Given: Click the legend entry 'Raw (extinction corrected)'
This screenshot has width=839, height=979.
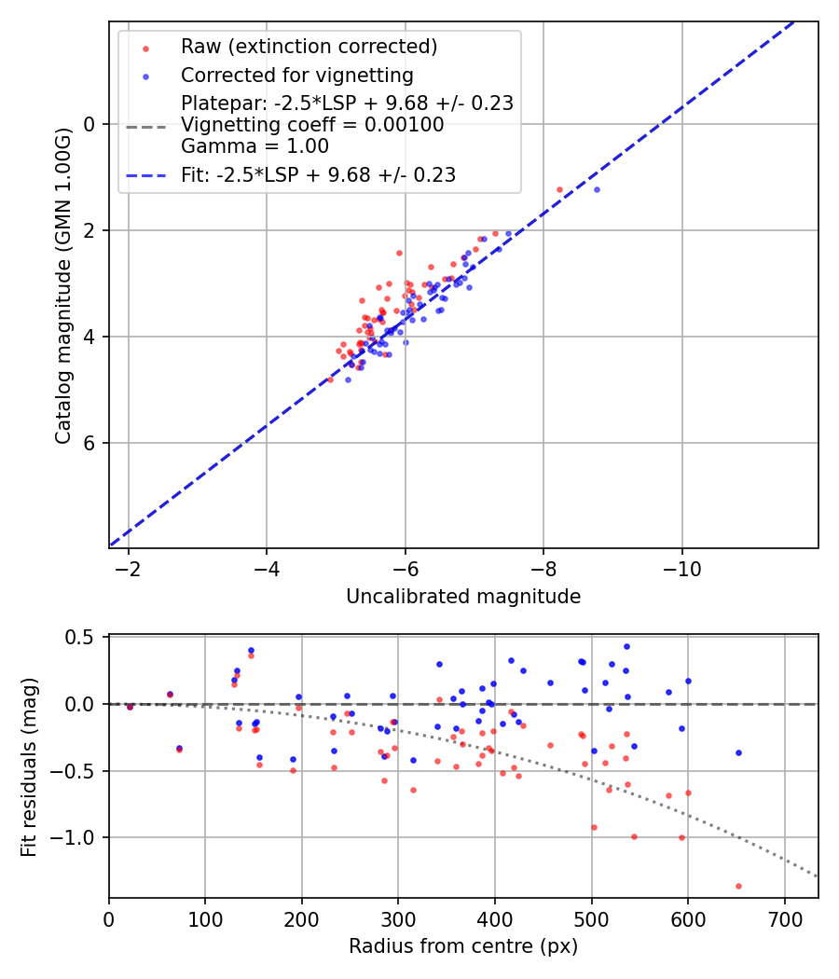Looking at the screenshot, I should pos(309,47).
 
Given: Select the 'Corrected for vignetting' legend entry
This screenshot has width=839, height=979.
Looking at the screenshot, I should pos(297,75).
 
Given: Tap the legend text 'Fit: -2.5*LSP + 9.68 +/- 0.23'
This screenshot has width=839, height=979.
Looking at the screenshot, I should pos(318,174).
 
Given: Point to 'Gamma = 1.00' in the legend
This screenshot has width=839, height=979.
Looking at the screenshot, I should pos(254,146).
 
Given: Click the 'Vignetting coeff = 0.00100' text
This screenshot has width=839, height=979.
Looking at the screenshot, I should pos(312,125).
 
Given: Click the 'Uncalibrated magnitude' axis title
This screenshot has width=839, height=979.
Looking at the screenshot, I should pos(463,597).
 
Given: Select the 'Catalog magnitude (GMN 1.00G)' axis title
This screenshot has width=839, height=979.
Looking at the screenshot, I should pos(62,283).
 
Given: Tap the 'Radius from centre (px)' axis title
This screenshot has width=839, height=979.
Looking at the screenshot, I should pos(463,946).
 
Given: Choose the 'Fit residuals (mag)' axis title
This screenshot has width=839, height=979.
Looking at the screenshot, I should pos(29,765).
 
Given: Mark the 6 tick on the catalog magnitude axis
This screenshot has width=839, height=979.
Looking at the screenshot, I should pos(90,443).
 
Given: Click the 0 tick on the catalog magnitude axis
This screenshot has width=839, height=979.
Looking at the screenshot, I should pos(90,124).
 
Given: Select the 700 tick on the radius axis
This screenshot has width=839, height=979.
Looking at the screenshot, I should pos(784,918).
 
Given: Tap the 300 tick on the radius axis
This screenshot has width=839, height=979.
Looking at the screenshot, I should pos(398,918).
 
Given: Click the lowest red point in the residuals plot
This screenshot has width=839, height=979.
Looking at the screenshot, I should pos(738,886).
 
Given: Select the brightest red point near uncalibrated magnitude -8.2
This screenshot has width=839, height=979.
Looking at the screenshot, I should pos(559,189).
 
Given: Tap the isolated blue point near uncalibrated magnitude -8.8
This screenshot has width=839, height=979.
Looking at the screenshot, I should pos(597,189).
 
